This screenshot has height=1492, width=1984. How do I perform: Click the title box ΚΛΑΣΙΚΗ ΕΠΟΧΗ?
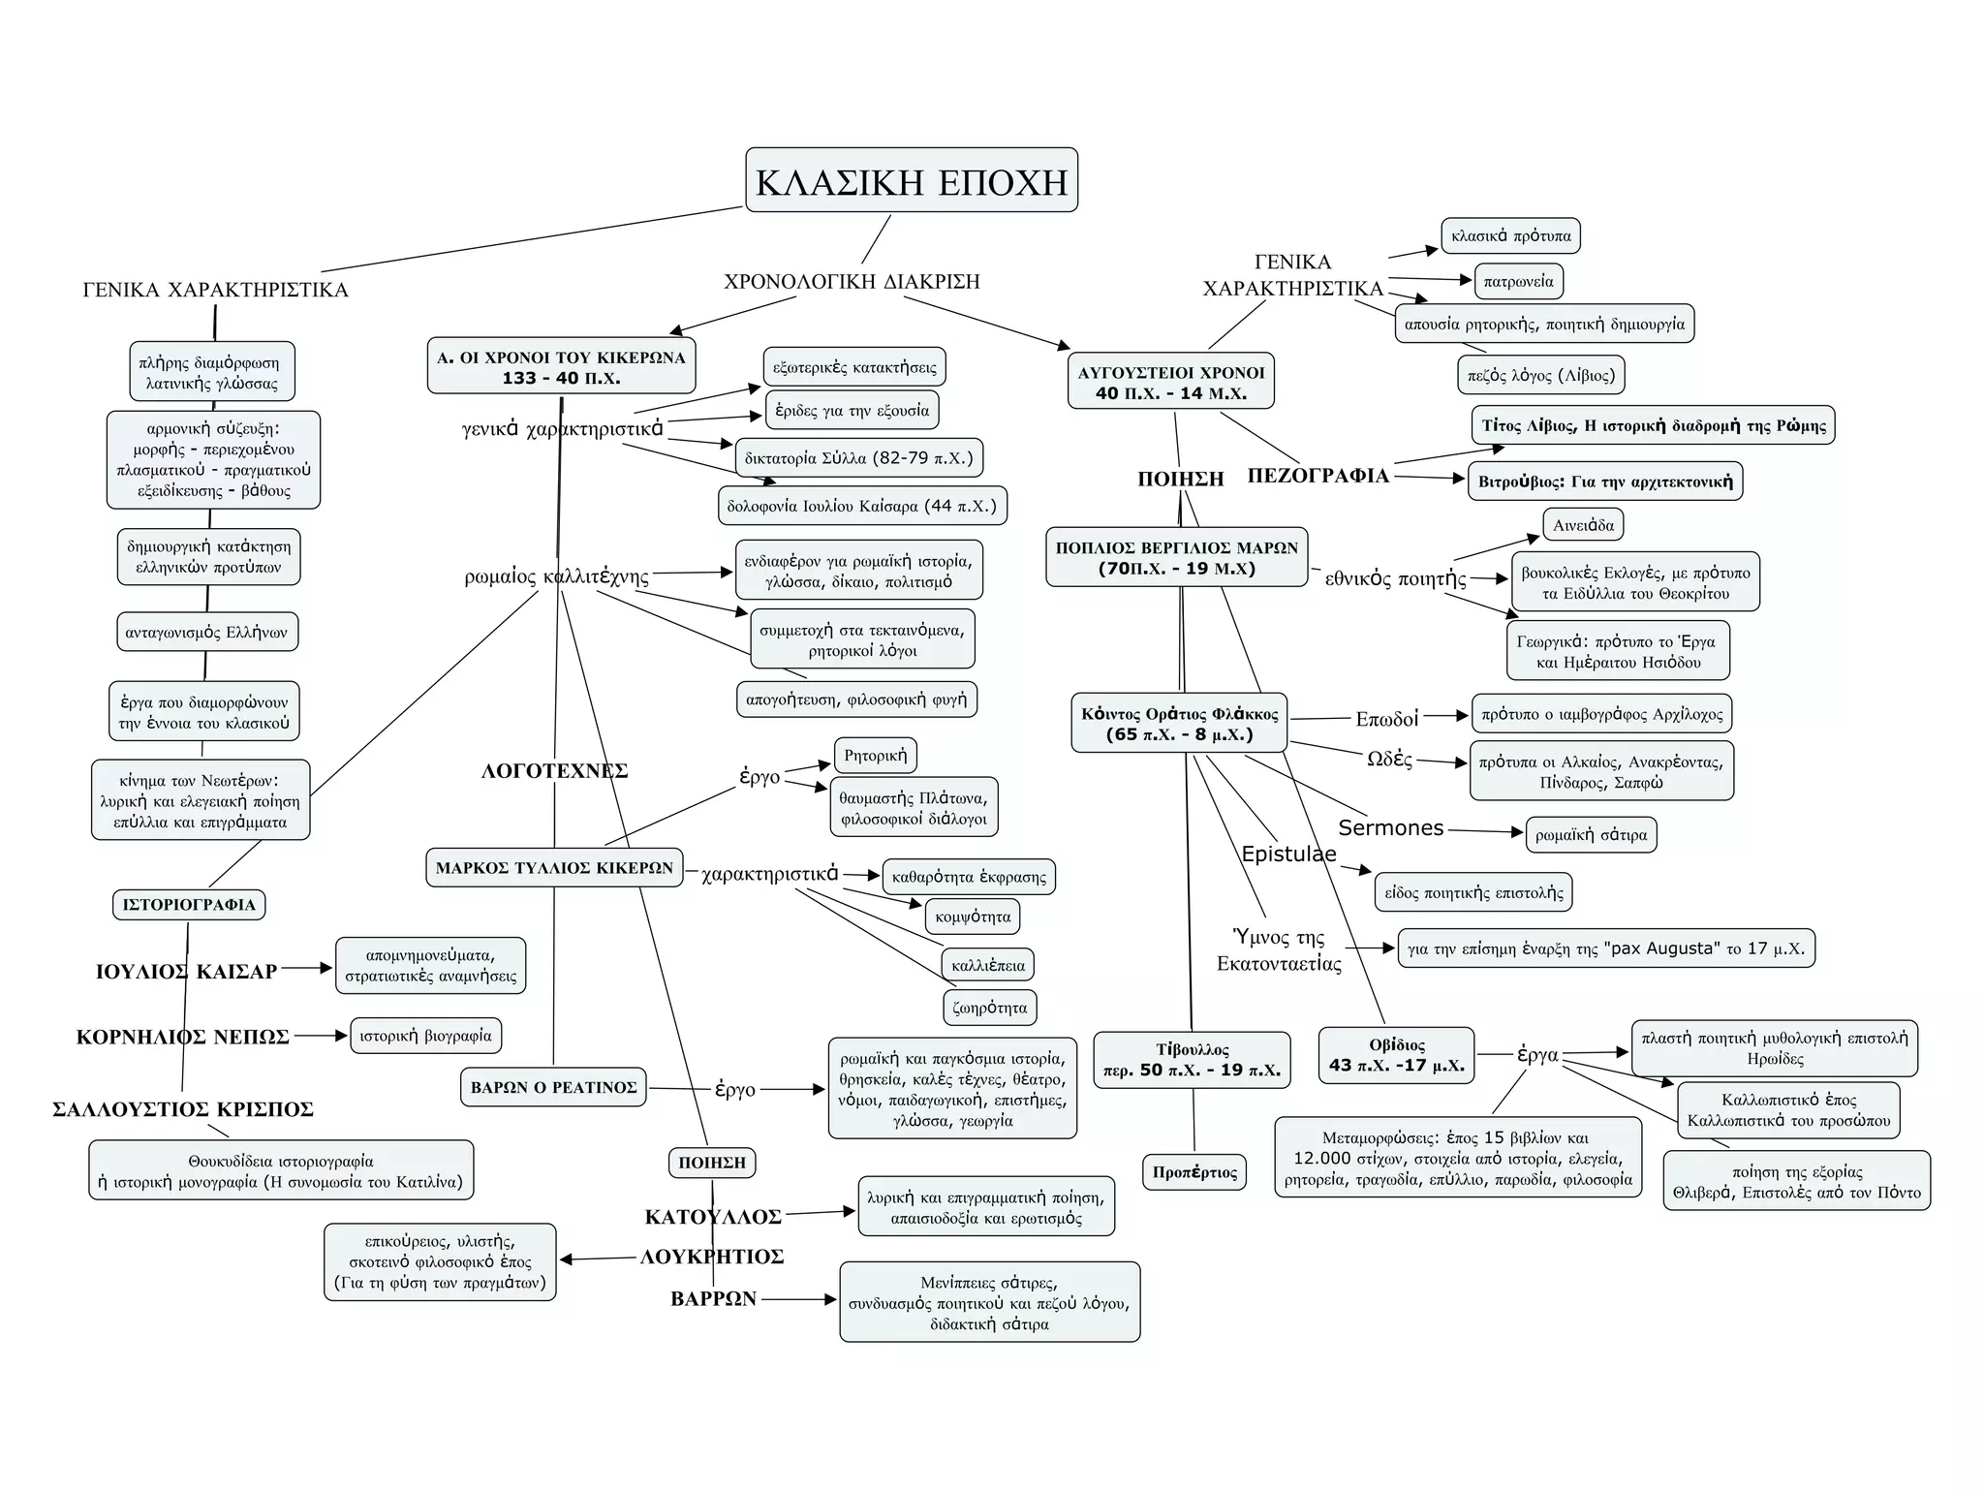click(911, 180)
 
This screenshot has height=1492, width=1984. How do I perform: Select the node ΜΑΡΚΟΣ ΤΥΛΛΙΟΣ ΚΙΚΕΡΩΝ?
click(553, 867)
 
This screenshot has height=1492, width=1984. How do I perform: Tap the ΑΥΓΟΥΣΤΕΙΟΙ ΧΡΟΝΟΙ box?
click(1170, 381)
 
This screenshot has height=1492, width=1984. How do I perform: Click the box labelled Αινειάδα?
click(1583, 525)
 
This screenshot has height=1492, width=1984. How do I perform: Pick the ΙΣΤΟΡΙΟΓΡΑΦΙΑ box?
click(189, 905)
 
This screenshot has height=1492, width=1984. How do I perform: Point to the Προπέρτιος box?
click(1194, 1172)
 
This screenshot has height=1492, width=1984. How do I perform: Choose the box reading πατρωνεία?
click(1518, 281)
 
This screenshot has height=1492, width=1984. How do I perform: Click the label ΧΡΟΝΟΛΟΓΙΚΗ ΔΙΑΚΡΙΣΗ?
click(852, 282)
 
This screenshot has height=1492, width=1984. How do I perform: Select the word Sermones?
click(1390, 827)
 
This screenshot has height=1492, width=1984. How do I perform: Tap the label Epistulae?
click(1288, 854)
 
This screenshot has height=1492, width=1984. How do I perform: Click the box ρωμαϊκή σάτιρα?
click(1591, 834)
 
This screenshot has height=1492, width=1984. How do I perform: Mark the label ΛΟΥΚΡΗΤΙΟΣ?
click(712, 1257)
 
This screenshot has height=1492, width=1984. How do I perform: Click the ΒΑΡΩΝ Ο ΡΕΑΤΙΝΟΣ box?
click(553, 1088)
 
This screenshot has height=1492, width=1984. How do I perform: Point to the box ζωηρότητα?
click(989, 1008)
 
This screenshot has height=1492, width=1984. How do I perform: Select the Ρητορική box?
click(876, 756)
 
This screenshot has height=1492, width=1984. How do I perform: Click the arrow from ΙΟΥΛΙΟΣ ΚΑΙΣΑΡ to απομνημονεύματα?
click(307, 968)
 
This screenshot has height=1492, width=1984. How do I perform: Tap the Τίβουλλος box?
click(1192, 1060)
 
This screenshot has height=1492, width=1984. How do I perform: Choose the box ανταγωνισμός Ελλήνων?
click(206, 633)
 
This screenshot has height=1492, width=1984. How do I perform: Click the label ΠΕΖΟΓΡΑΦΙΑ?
click(1317, 476)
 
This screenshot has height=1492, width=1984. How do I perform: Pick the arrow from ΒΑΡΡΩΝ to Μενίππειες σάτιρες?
click(799, 1299)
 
